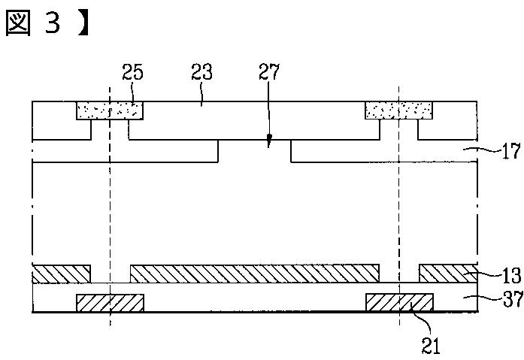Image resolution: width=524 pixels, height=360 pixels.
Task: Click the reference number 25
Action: point(133,73)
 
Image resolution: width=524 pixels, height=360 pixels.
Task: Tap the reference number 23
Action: point(201,73)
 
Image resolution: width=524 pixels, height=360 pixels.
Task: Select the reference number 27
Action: point(268,73)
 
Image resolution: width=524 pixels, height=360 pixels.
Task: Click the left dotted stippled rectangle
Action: point(110,111)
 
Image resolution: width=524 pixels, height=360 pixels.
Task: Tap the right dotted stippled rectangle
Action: point(398,111)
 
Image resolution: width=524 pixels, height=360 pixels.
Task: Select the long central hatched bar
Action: point(255,273)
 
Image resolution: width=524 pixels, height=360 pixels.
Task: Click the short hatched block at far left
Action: point(61,274)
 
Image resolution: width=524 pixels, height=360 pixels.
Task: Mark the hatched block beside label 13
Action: point(448,273)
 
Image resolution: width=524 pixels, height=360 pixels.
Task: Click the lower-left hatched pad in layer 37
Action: point(110,302)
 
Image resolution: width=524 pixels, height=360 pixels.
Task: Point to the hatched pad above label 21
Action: point(398,302)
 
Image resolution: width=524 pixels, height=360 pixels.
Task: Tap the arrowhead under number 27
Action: point(269,141)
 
